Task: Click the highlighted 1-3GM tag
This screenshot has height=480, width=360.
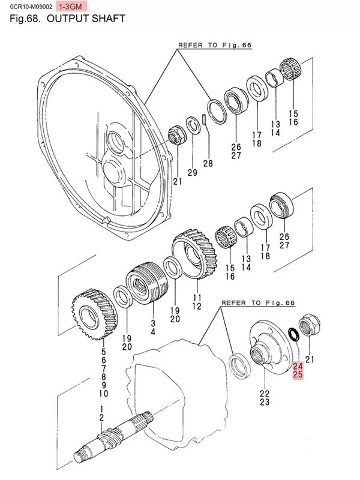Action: (x=71, y=6)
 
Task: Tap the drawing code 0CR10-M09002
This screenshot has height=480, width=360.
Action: (x=28, y=6)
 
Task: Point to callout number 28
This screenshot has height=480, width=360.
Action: (x=208, y=163)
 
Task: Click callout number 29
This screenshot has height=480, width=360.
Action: (x=192, y=173)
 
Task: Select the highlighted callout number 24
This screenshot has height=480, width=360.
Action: (x=298, y=365)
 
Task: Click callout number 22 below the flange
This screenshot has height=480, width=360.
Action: (x=265, y=394)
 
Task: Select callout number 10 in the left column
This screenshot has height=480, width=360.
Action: (x=103, y=394)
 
